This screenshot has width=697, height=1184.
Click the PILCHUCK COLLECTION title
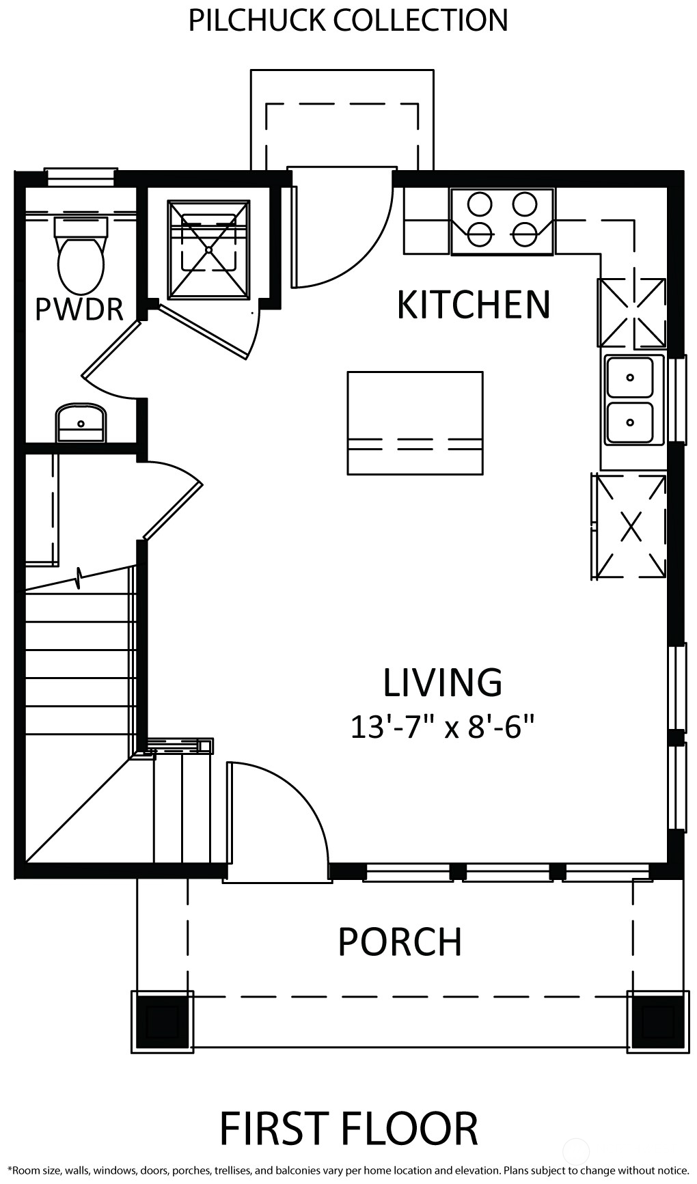pos(348,20)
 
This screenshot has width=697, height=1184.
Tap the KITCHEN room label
pos(474,305)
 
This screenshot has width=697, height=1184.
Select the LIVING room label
pos(442,682)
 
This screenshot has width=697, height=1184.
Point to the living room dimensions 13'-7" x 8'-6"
pos(441,727)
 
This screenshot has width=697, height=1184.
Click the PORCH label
pos(400,942)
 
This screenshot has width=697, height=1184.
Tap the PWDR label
pos(79,309)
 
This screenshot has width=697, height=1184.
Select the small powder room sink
pos(81,422)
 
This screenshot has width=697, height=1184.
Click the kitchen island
pos(415,422)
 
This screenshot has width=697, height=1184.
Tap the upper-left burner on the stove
pos(480,204)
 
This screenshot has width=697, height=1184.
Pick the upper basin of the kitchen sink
pos(629,377)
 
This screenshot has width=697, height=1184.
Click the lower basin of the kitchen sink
pos(629,422)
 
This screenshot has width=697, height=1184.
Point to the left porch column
pos(162,1021)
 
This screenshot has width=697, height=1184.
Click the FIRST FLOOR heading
pos(348,1129)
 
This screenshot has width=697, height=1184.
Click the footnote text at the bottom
pos(348,1170)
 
